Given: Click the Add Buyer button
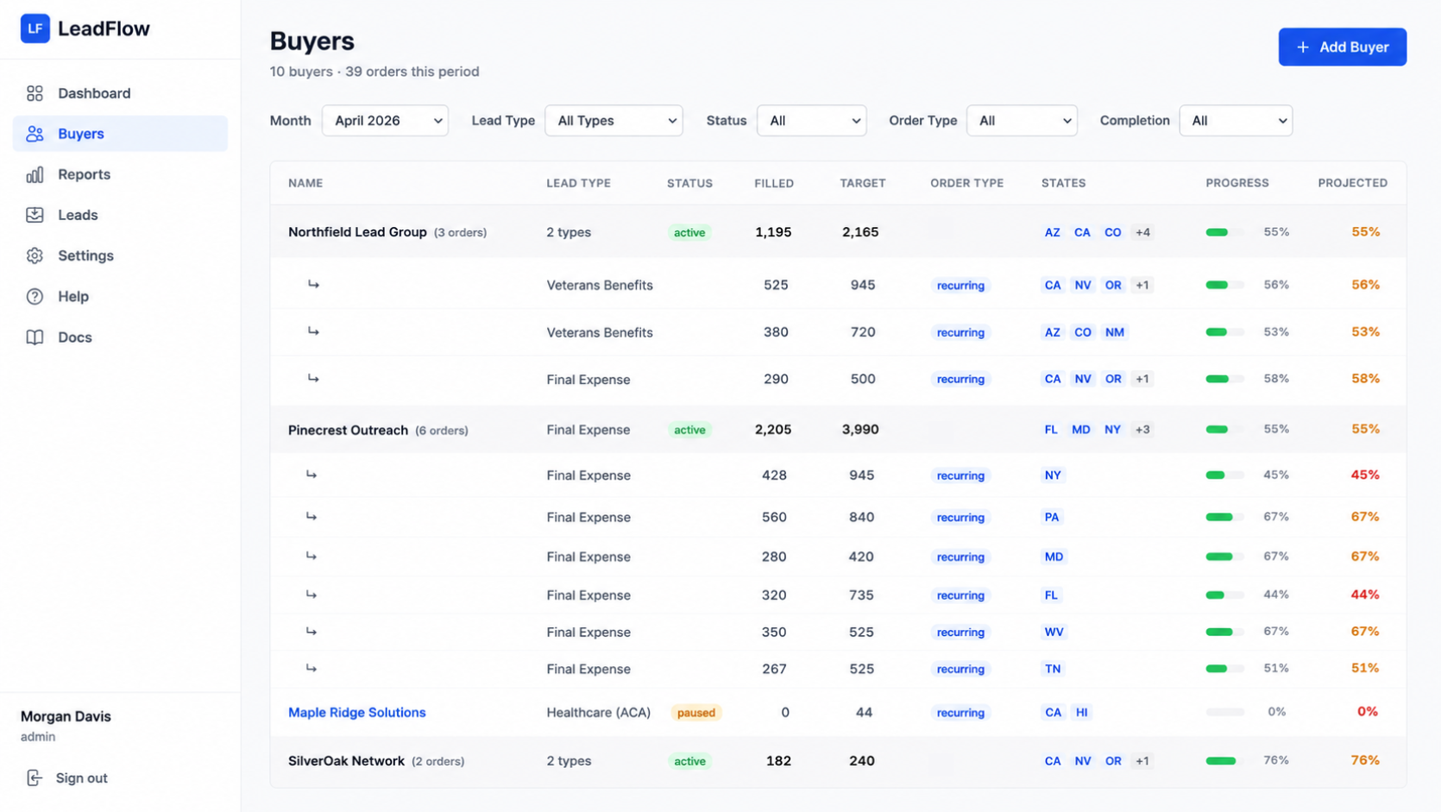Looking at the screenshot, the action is (1342, 47).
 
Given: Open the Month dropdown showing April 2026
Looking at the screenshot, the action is (385, 120).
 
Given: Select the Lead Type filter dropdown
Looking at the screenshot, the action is (613, 120).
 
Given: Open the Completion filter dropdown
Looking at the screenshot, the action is (1235, 120).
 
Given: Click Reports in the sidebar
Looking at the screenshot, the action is (84, 174).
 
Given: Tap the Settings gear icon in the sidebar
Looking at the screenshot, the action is (35, 255).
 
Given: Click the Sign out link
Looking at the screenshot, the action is (81, 777).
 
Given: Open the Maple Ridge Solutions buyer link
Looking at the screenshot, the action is (357, 712).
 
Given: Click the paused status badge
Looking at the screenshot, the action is (696, 712).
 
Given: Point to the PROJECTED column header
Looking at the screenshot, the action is (1352, 183).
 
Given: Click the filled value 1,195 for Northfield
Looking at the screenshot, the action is (772, 231).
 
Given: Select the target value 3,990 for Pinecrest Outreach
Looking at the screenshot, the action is (860, 429).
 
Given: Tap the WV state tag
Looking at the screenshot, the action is (1054, 632).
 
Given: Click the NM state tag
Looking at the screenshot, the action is (1114, 332).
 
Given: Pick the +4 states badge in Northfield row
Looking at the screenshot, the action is (1142, 232).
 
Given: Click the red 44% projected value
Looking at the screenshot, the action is (1364, 595).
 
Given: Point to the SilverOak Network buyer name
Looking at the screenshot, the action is (346, 760).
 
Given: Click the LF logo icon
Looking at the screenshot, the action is (35, 28).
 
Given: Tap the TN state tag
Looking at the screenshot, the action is (1053, 669).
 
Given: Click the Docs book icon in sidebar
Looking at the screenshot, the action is (35, 337).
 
